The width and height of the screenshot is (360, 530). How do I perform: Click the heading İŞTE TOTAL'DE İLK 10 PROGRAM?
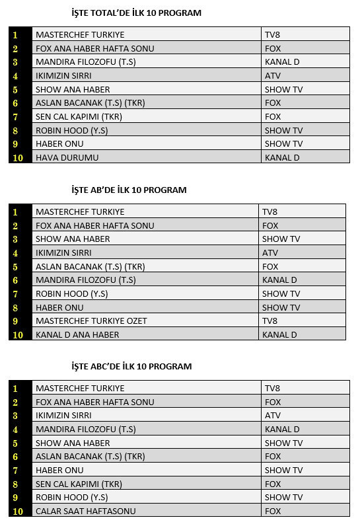click(136, 13)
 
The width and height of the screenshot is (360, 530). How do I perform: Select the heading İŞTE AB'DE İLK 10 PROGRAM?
click(129, 190)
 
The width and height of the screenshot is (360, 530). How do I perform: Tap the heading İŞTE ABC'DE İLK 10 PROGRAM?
click(131, 366)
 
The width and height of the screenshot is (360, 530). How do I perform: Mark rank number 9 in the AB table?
click(15, 321)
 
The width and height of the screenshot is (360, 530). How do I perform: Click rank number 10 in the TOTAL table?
click(18, 158)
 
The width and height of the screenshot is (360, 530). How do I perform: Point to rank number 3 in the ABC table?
click(15, 416)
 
